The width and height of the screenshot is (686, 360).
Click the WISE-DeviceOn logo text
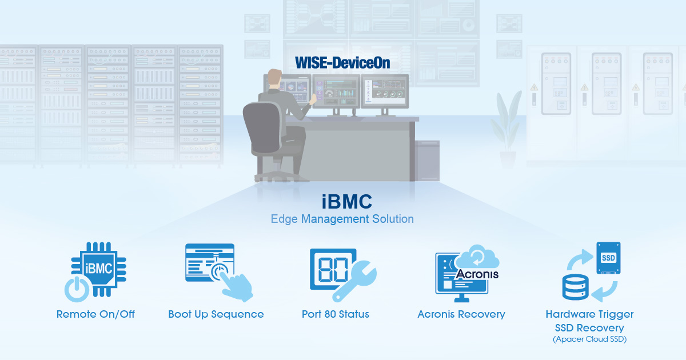(342, 63)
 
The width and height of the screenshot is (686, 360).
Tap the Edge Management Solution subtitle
(342, 219)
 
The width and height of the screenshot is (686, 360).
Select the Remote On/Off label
(95, 314)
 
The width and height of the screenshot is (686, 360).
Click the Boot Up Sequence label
(216, 314)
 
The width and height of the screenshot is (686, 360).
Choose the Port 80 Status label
(336, 314)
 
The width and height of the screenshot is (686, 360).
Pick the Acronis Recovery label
(461, 314)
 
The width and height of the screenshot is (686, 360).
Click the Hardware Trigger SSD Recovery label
(589, 321)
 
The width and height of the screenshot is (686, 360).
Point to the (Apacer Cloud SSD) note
(589, 339)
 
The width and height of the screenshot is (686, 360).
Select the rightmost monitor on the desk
(384, 91)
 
